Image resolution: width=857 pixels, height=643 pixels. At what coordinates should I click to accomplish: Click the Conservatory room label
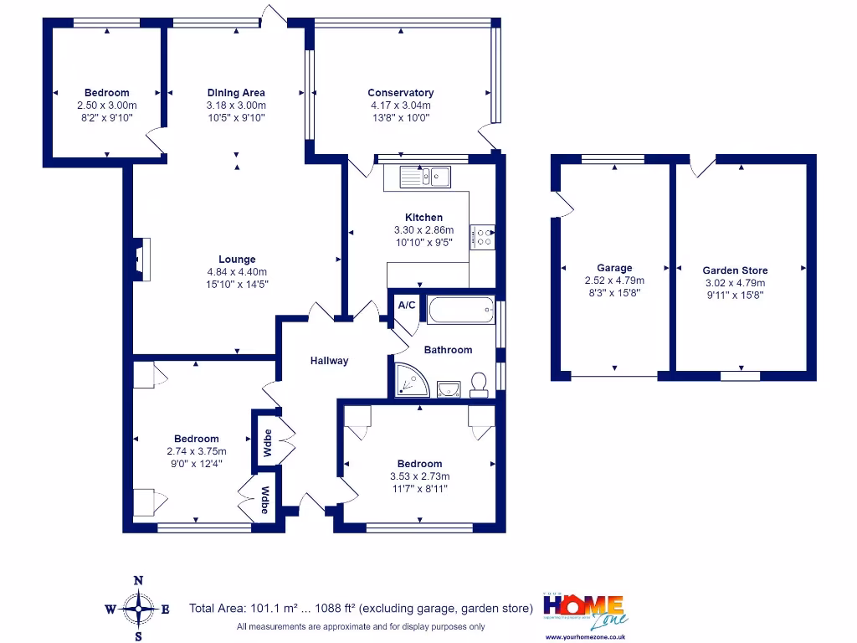point(401,93)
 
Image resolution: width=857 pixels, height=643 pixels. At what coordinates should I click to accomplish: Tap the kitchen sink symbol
point(425,177)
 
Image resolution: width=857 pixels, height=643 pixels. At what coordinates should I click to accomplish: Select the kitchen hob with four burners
point(483,237)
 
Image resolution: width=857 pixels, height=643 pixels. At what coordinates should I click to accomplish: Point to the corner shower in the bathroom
point(411,380)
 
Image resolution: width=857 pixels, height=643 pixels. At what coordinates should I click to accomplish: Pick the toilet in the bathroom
point(480,385)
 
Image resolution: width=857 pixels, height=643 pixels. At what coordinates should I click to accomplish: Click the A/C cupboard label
point(407,306)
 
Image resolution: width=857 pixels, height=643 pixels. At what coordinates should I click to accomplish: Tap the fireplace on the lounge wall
point(141,258)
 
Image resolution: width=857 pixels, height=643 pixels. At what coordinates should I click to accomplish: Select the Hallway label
point(330,361)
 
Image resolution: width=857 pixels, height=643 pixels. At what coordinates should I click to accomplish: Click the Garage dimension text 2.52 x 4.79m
point(614,281)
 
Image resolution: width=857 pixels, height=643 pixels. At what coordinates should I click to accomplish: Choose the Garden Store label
point(735,270)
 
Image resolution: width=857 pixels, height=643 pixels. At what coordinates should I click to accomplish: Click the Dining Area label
point(236,93)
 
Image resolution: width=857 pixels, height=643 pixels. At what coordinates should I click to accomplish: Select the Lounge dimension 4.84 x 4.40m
point(237,272)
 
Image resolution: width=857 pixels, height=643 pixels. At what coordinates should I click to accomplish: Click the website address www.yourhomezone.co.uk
point(586,637)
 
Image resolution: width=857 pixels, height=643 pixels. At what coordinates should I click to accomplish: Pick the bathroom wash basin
point(449,388)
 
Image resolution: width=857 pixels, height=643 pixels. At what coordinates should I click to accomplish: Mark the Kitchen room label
point(423,218)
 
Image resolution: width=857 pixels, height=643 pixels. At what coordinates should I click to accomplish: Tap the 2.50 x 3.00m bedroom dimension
point(106,105)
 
